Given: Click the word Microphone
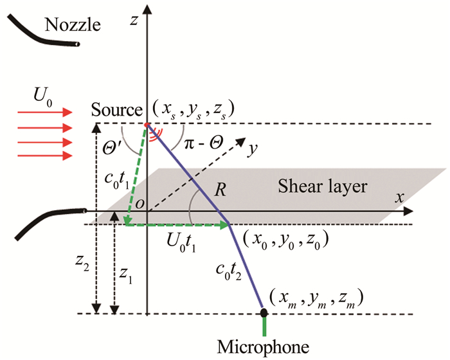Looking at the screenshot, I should pyautogui.click(x=264, y=346).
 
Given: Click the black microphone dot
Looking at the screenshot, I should pyautogui.click(x=264, y=313).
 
